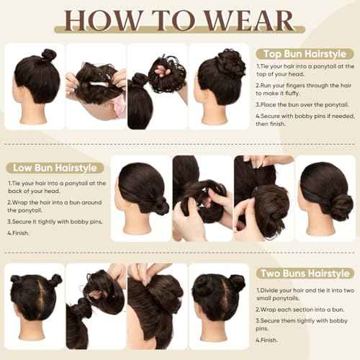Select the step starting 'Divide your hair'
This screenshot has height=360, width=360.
tap(302, 294)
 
